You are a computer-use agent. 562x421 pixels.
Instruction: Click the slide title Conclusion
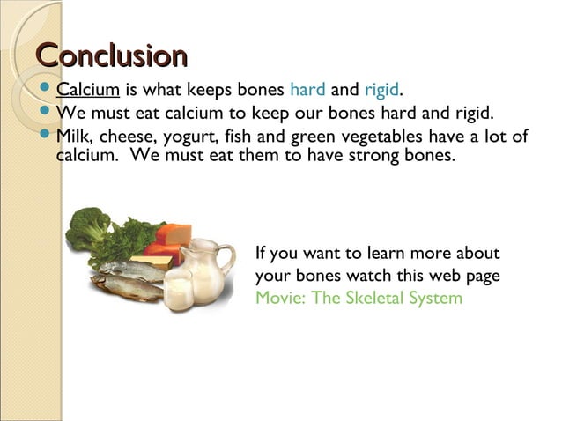[111, 55]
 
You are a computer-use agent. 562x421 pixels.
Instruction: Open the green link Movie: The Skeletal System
[359, 298]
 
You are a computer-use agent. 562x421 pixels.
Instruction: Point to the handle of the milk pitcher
[227, 257]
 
